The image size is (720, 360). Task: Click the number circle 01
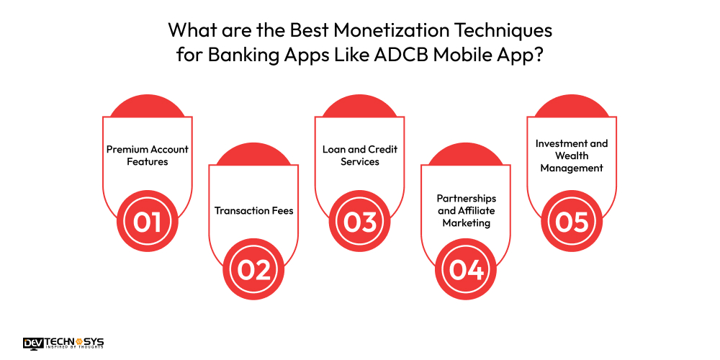147,222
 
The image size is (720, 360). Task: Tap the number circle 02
253,269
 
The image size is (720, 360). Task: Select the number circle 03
360,222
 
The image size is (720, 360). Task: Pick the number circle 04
466,269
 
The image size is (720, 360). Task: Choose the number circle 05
572,222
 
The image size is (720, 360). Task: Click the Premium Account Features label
147,156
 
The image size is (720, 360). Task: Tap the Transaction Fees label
253,211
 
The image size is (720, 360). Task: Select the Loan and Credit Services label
360,156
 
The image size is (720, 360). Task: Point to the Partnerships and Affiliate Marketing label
466,210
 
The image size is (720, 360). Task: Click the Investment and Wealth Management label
572,156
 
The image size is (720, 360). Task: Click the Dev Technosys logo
63,343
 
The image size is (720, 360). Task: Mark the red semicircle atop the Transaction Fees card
253,155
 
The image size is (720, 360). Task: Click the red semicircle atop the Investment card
572,107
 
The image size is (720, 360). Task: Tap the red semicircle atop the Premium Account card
147,107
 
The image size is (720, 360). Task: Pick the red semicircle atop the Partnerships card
466,155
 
